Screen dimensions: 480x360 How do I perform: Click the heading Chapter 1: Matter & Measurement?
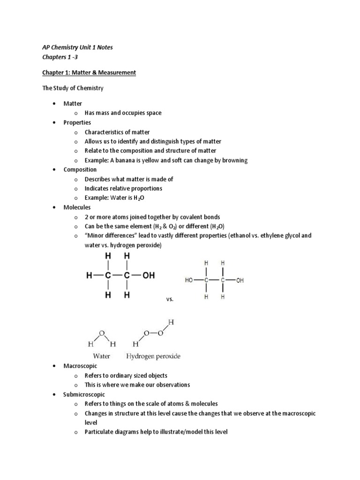[x=89, y=72]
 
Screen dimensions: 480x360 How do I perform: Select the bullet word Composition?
[x=80, y=170]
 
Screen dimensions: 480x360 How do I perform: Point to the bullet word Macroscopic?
[x=81, y=366]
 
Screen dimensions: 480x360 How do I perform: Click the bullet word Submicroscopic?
[x=84, y=394]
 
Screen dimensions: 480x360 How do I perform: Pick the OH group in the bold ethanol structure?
[x=148, y=276]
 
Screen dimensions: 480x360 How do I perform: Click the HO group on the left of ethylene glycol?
[x=189, y=280]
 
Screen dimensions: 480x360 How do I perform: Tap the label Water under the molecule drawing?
[x=102, y=356]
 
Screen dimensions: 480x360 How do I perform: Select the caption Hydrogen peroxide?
[x=153, y=356]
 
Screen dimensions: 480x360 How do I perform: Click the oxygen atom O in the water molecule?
[x=102, y=333]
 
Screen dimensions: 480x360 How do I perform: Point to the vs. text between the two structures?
[x=170, y=299]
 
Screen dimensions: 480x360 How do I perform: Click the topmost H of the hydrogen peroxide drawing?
[x=171, y=322]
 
